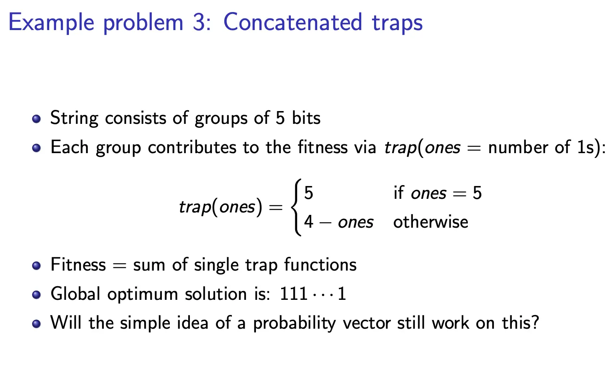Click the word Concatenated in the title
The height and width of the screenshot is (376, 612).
(x=293, y=22)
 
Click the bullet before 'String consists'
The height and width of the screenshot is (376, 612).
(x=36, y=119)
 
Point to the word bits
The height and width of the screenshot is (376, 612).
(x=306, y=118)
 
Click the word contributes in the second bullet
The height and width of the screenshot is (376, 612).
(x=192, y=148)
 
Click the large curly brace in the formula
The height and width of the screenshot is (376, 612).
(x=297, y=207)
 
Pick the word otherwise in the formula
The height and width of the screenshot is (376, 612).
(x=431, y=222)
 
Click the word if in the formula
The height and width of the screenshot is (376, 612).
(x=399, y=192)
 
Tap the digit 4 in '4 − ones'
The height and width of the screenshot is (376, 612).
(x=309, y=222)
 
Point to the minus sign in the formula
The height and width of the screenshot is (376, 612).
(x=325, y=223)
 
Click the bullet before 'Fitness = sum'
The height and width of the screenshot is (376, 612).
(x=36, y=265)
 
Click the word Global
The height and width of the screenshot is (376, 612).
(x=75, y=294)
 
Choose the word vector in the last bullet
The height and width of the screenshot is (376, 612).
(x=366, y=323)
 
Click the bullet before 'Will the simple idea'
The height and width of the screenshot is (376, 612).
(x=36, y=324)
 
